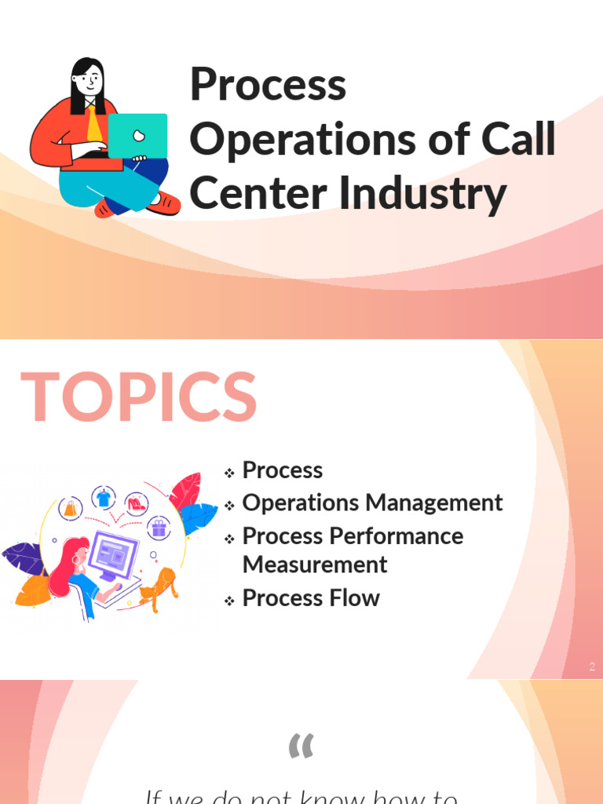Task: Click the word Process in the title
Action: tap(268, 86)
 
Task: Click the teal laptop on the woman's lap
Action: tap(137, 135)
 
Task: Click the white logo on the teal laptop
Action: tap(138, 135)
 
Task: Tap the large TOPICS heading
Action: tap(139, 398)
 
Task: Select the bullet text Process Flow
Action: tap(311, 598)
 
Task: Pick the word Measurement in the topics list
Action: tap(315, 565)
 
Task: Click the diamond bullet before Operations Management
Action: tap(229, 506)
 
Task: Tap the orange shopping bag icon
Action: tap(71, 509)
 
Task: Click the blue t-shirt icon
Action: tap(104, 498)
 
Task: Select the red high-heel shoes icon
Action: tap(136, 502)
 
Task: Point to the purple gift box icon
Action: tap(159, 528)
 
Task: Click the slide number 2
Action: tap(592, 667)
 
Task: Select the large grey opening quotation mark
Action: tap(301, 746)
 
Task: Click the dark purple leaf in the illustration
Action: tap(22, 558)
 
